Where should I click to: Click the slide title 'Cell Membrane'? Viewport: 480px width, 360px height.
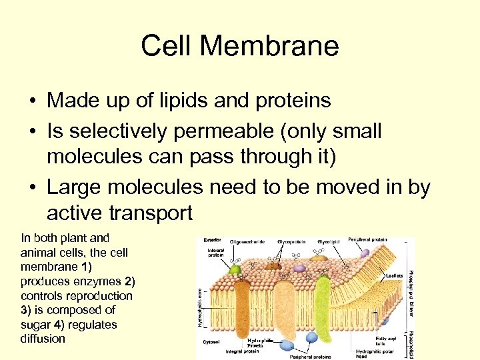[x=240, y=46]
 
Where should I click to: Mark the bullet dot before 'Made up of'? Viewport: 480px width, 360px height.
[x=32, y=101]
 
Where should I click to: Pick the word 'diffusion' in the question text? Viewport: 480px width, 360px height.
[x=43, y=339]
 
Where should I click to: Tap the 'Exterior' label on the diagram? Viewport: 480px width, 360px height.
[x=214, y=241]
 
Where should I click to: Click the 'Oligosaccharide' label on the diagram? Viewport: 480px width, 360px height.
[x=249, y=242]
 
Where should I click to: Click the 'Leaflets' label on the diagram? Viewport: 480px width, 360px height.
[x=395, y=274]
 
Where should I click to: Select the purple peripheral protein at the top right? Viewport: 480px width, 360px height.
[x=365, y=254]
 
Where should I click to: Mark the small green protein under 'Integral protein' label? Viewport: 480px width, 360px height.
[x=235, y=270]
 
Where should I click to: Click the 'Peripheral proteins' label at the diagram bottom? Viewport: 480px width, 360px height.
[x=311, y=356]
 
